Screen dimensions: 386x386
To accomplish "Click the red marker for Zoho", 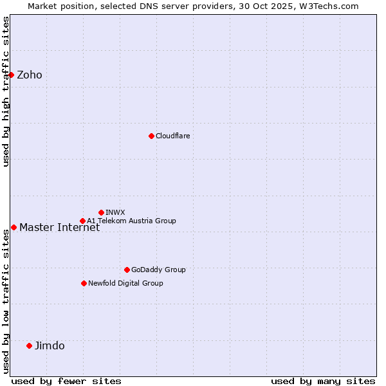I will [x=11, y=75].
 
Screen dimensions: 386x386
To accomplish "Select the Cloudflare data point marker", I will [x=151, y=136].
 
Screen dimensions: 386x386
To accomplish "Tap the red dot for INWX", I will [x=101, y=212].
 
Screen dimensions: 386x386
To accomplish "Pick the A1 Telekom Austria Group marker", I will [x=82, y=221].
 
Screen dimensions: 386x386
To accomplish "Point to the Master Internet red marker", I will [x=14, y=227].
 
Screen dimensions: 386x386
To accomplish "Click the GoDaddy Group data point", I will [x=127, y=270].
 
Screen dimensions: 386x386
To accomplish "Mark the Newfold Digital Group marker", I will [x=84, y=283].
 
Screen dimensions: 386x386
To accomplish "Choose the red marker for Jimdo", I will [x=29, y=345].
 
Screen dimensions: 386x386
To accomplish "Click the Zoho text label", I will [x=30, y=75].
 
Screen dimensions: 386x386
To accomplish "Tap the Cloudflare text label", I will [x=173, y=136].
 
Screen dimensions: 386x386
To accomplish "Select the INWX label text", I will [x=115, y=212].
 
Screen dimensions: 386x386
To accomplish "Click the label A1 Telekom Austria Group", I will [x=131, y=221].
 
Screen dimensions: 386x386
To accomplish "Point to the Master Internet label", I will [x=59, y=227].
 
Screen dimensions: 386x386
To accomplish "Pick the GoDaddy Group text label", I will [x=158, y=270].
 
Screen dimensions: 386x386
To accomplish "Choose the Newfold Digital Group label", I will [x=125, y=283].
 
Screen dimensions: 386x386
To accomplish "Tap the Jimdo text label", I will [x=50, y=345].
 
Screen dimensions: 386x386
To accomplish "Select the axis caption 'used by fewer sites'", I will [x=66, y=381].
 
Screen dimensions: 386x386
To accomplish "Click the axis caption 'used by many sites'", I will [x=323, y=381].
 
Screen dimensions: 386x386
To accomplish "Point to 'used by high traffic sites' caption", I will [x=6, y=91].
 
